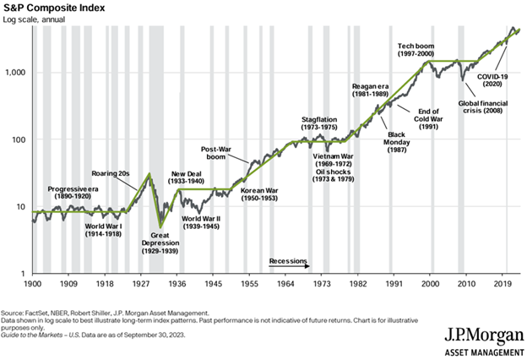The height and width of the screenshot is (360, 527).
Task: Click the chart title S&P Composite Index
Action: click(x=57, y=8)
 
